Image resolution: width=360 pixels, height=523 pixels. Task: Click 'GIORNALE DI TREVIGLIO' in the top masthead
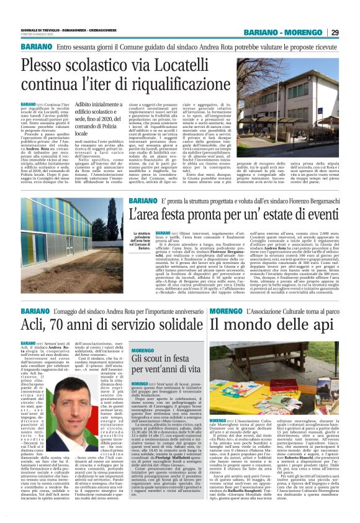[x=43, y=30]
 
